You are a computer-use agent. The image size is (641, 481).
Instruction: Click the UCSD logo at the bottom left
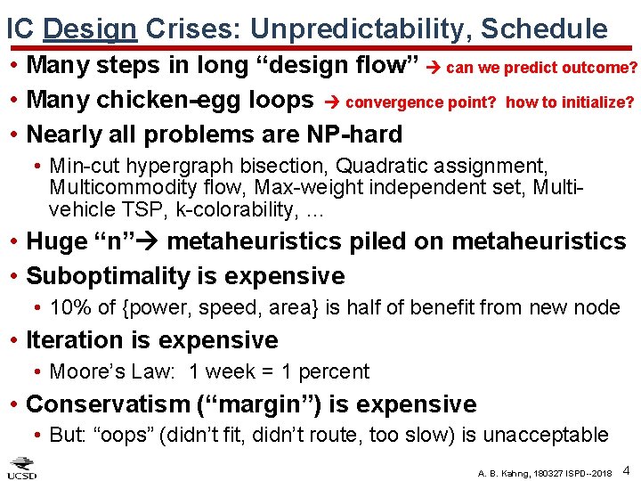click(22, 469)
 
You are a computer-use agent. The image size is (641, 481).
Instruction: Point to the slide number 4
click(627, 469)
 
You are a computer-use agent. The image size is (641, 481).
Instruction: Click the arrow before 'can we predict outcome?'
click(435, 68)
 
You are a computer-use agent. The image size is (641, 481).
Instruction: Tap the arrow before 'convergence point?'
click(330, 102)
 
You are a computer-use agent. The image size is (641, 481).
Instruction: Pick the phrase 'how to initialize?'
click(570, 102)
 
